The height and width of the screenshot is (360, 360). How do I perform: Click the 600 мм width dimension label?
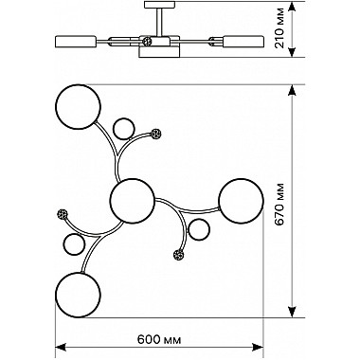[x=159, y=340]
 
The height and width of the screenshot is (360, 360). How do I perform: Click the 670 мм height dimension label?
[x=279, y=204]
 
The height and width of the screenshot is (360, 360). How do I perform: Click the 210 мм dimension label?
[x=279, y=28]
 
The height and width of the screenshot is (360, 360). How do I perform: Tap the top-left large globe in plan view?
[x=79, y=106]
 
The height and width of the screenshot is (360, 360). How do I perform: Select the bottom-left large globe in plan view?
[x=78, y=295]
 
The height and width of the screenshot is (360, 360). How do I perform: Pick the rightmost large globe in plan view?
[x=241, y=202]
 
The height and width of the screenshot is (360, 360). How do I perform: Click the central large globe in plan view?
[x=133, y=201]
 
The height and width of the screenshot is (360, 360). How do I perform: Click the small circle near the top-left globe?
[x=124, y=129]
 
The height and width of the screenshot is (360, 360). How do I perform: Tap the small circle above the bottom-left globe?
[x=75, y=244]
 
